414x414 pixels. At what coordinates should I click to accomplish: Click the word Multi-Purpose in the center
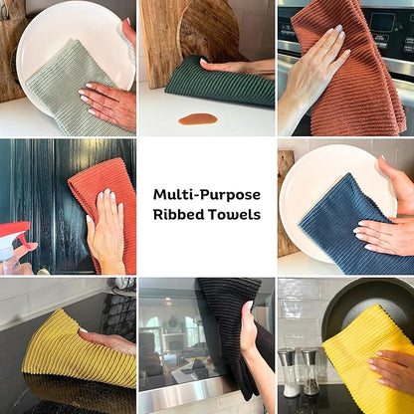(207, 195)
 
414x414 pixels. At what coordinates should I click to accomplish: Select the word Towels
(234, 214)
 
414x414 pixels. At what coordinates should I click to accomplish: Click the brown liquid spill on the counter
(198, 119)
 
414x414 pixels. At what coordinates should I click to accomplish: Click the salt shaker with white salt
(289, 372)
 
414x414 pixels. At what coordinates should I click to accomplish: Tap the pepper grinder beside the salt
(310, 371)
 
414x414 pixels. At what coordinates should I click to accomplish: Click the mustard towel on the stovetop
(77, 355)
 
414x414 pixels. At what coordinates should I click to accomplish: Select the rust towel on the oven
(351, 73)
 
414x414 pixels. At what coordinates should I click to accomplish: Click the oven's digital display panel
(382, 23)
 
